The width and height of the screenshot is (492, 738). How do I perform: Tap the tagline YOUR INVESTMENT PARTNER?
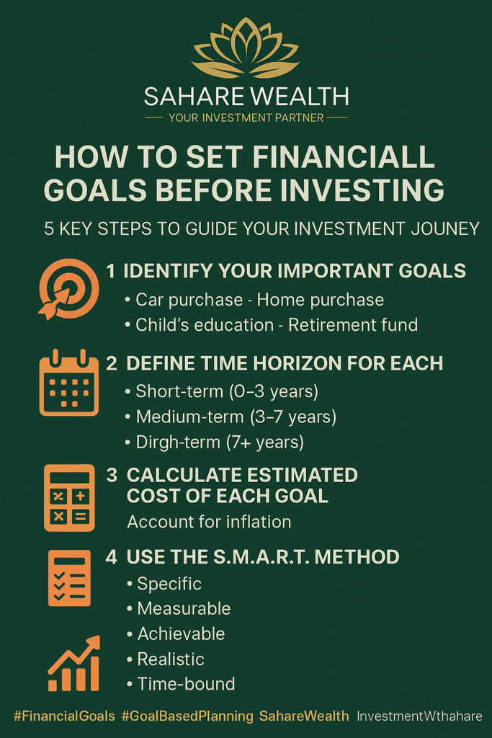[x=246, y=117]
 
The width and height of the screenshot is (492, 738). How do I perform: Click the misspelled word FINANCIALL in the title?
[x=344, y=156]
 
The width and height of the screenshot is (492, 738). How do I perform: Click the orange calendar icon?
[x=69, y=383]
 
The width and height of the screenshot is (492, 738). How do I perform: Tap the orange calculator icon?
[x=69, y=498]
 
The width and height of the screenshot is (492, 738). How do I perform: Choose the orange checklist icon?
[x=69, y=578]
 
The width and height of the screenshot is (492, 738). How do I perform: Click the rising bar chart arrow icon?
[x=74, y=664]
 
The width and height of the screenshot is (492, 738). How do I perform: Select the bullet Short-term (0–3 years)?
[x=222, y=391]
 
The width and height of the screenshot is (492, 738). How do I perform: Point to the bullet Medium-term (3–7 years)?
[x=231, y=417]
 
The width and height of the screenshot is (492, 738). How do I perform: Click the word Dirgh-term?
[x=178, y=443]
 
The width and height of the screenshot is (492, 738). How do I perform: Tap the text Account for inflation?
[x=210, y=522]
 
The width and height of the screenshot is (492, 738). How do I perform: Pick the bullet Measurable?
[x=179, y=608]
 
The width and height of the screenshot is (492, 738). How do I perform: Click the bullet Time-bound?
[x=181, y=684]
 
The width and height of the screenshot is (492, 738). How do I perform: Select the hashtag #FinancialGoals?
[x=64, y=716]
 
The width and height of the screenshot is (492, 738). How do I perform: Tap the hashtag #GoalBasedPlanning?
[x=188, y=716]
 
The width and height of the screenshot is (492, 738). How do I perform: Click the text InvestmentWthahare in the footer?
[x=419, y=716]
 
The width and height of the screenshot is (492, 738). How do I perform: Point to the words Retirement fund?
[x=353, y=325]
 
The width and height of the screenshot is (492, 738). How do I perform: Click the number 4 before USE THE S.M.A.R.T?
[x=112, y=557]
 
